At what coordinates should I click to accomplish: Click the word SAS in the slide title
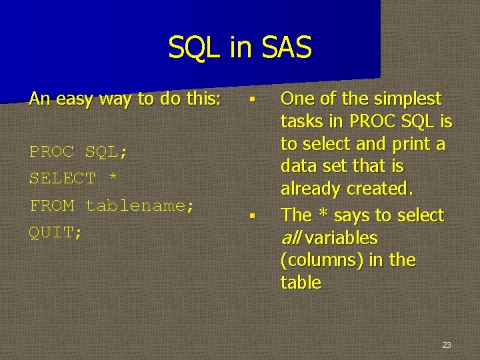click(285, 48)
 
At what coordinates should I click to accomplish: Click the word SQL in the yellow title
click(194, 48)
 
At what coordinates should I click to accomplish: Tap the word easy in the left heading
click(75, 99)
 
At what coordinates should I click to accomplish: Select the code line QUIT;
click(56, 232)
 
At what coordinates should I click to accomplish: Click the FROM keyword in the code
click(52, 205)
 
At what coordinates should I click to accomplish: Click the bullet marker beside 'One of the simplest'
click(252, 100)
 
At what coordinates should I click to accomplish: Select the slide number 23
click(446, 345)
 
